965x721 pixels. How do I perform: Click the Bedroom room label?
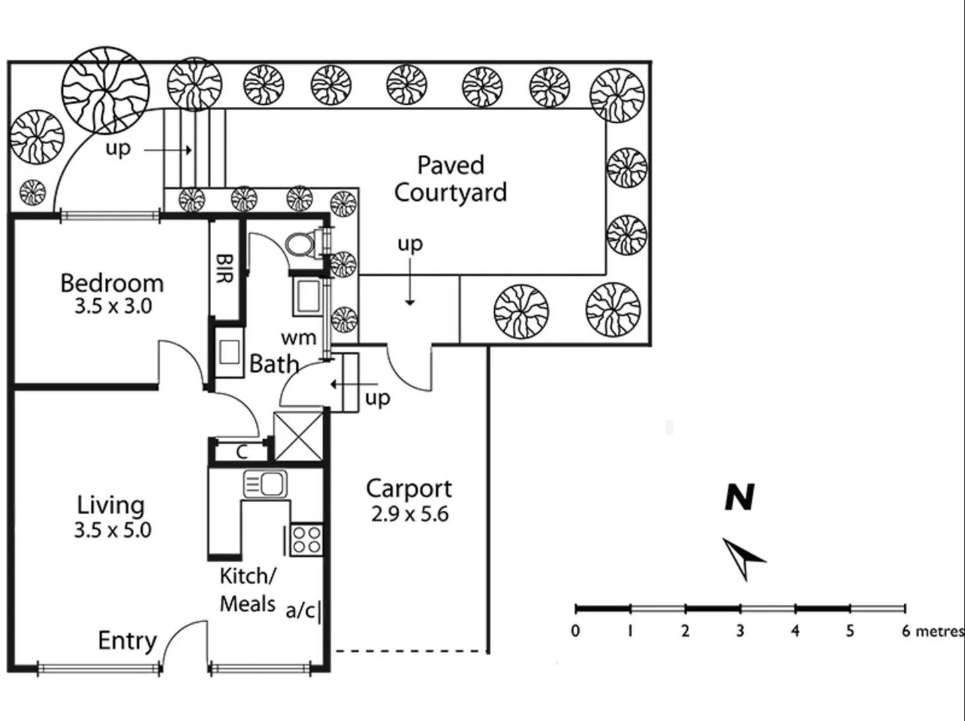[x=112, y=283]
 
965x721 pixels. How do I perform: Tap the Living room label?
[x=111, y=505]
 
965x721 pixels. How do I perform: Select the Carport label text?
[x=409, y=489]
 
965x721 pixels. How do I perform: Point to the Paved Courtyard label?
[x=451, y=179]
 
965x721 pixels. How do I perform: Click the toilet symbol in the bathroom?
[x=301, y=244]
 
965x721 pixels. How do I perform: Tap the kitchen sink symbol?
[x=265, y=483]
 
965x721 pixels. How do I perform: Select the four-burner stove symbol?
[x=307, y=539]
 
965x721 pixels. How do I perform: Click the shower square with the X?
[x=299, y=436]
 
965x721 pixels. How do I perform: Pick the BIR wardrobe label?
[x=225, y=268]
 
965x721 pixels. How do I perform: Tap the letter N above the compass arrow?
[x=740, y=497]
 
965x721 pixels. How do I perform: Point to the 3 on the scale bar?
[x=740, y=631]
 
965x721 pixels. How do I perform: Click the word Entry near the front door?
[x=127, y=641]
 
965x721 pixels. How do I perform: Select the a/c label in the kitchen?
[x=301, y=610]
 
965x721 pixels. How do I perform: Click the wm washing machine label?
[x=298, y=338]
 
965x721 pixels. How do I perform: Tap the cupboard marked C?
[x=241, y=452]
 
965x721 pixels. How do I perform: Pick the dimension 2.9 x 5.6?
[x=409, y=515]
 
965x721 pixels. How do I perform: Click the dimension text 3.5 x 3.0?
[x=113, y=307]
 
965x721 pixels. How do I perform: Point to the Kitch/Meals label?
[x=248, y=589]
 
